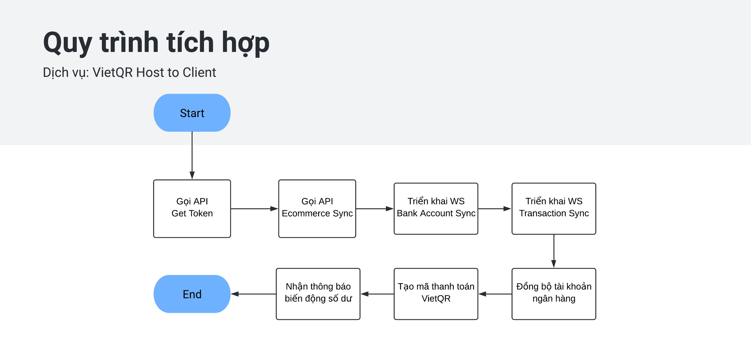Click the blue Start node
click(192, 113)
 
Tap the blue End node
click(192, 294)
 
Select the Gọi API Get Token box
click(192, 209)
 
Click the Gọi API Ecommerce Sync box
click(317, 209)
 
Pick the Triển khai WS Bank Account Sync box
click(436, 209)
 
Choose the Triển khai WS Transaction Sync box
click(553, 209)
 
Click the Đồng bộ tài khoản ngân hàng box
click(553, 294)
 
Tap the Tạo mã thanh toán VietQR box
click(436, 294)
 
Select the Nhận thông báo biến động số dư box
click(318, 294)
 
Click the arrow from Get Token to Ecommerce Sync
click(254, 209)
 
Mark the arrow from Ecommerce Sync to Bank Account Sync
click(375, 209)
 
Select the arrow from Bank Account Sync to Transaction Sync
click(494, 209)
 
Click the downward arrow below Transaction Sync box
click(553, 251)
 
